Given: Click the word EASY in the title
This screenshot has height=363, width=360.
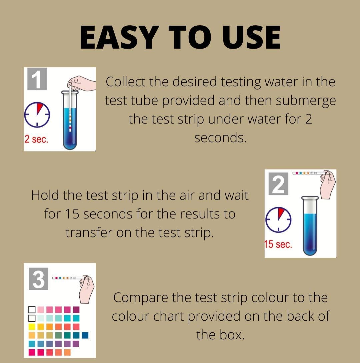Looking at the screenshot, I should (x=115, y=37).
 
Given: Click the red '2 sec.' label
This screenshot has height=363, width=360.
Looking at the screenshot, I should (x=36, y=139).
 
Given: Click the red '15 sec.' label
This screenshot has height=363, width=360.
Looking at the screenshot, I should (x=278, y=244).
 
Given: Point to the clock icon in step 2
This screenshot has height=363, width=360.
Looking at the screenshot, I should (x=278, y=219).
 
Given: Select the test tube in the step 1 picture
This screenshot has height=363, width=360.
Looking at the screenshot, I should (x=70, y=122).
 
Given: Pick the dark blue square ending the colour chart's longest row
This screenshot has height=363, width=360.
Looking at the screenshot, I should (x=85, y=335).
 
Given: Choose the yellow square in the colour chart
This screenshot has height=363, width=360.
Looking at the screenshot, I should (x=32, y=327).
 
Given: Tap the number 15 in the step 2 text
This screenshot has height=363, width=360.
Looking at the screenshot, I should (x=71, y=214).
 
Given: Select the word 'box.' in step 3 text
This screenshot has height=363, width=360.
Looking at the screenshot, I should (x=232, y=334).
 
